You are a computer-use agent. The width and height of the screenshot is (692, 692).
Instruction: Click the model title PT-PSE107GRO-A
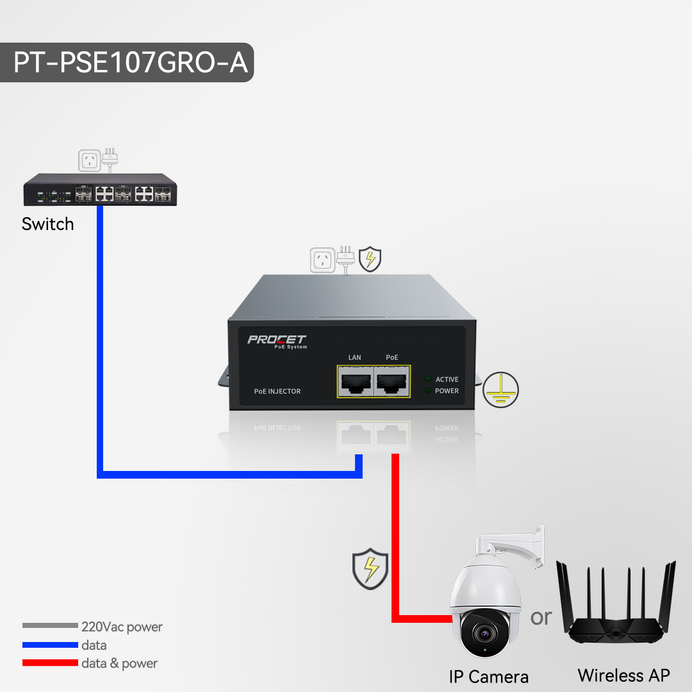tap(131, 63)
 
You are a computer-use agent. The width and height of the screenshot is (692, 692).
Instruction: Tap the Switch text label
tap(47, 224)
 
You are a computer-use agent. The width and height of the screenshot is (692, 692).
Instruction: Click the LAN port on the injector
tap(355, 382)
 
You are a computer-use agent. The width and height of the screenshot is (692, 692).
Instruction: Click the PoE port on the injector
tap(392, 382)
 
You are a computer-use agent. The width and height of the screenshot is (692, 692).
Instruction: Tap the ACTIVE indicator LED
tap(428, 379)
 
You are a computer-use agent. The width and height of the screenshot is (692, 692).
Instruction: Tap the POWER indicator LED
tap(428, 391)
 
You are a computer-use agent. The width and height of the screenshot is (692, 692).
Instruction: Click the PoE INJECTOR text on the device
tap(277, 391)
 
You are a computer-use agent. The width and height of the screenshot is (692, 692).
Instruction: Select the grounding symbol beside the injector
tap(500, 389)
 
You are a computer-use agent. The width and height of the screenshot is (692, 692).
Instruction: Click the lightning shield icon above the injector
tap(370, 259)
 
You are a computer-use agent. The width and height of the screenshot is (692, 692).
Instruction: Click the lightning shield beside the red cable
tap(370, 568)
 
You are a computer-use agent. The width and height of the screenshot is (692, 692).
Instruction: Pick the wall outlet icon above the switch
tap(90, 160)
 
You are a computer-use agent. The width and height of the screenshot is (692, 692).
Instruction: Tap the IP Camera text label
tap(489, 677)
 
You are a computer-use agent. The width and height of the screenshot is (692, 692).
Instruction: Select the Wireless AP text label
tap(623, 675)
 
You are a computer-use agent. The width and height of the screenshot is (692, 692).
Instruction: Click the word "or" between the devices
tap(541, 616)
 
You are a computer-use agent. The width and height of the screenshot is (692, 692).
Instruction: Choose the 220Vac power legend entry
tap(122, 627)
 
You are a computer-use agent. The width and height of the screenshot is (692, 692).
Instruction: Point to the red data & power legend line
tap(50, 663)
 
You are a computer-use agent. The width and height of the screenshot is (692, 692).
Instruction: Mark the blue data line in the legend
tap(50, 645)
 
